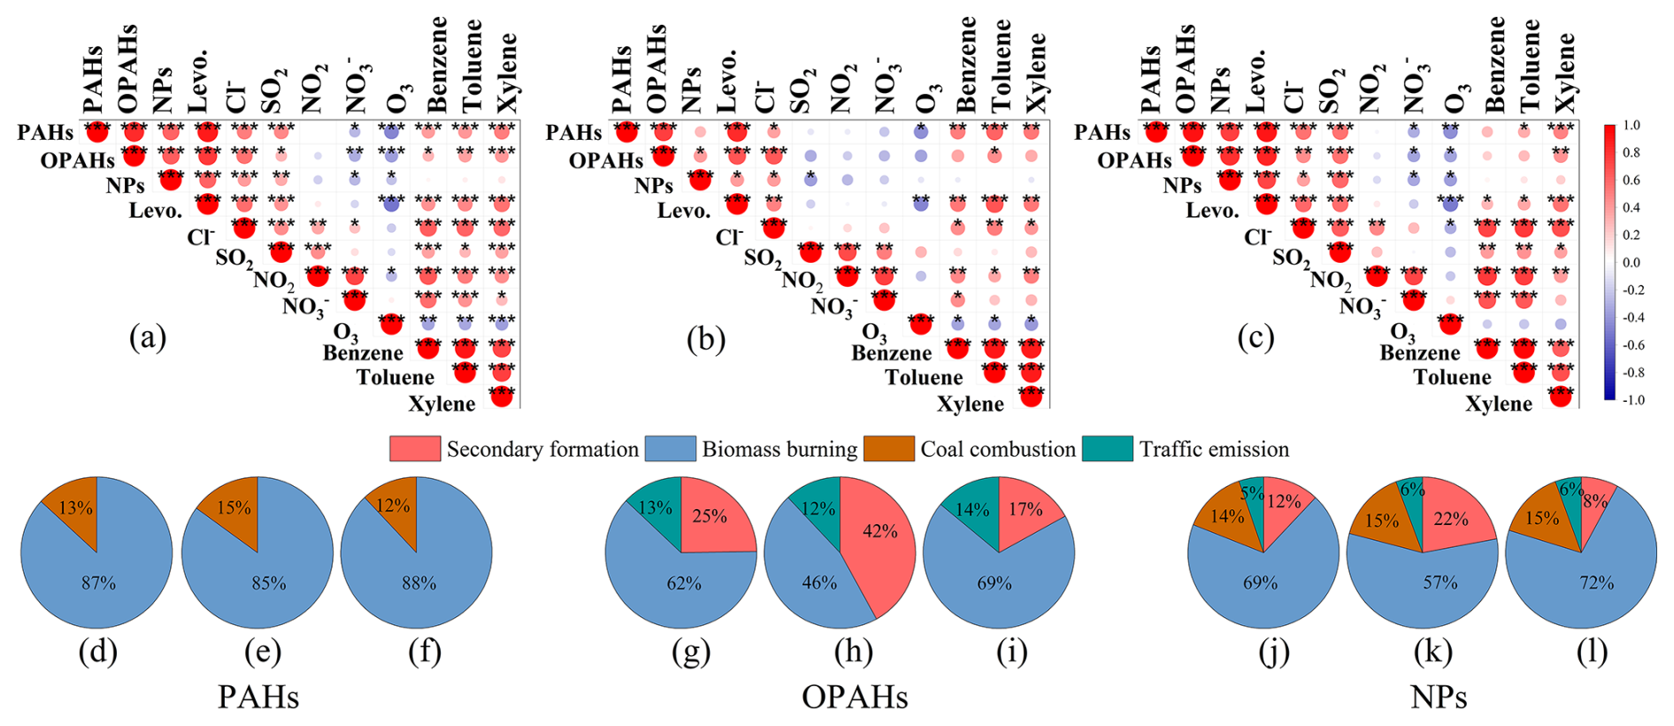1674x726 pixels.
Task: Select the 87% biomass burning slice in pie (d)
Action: (x=97, y=583)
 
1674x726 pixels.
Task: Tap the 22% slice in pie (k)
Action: (x=1452, y=519)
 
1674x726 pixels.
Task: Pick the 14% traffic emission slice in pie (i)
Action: (x=973, y=508)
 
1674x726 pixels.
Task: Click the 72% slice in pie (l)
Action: (x=1595, y=583)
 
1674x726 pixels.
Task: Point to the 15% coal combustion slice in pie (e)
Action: (x=234, y=507)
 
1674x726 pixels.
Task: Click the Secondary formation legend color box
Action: (x=414, y=449)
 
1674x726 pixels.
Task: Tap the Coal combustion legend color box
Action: (x=889, y=449)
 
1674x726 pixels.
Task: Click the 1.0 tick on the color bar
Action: (x=1632, y=126)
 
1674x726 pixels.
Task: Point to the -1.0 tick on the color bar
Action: (x=1632, y=400)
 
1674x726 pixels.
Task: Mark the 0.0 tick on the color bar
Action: (x=1632, y=263)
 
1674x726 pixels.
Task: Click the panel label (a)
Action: (x=148, y=337)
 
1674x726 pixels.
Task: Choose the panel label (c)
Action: (x=1255, y=337)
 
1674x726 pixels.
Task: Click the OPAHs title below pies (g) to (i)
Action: (x=855, y=698)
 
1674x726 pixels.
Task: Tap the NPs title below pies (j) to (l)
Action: (x=1439, y=698)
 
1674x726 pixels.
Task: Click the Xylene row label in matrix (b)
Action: (x=970, y=404)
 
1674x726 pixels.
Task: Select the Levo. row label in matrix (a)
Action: (x=156, y=211)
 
